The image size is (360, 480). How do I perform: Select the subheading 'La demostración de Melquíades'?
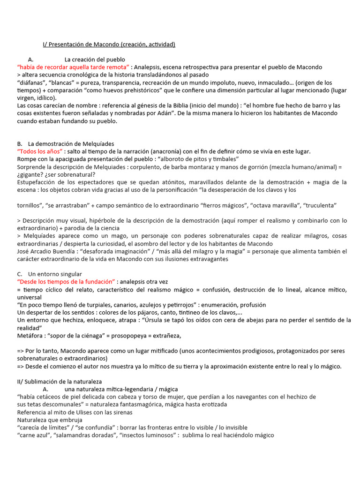tap(71, 143)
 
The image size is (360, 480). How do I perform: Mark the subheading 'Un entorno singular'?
tap(55, 274)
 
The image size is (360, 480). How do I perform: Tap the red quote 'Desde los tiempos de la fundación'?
tap(66, 281)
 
